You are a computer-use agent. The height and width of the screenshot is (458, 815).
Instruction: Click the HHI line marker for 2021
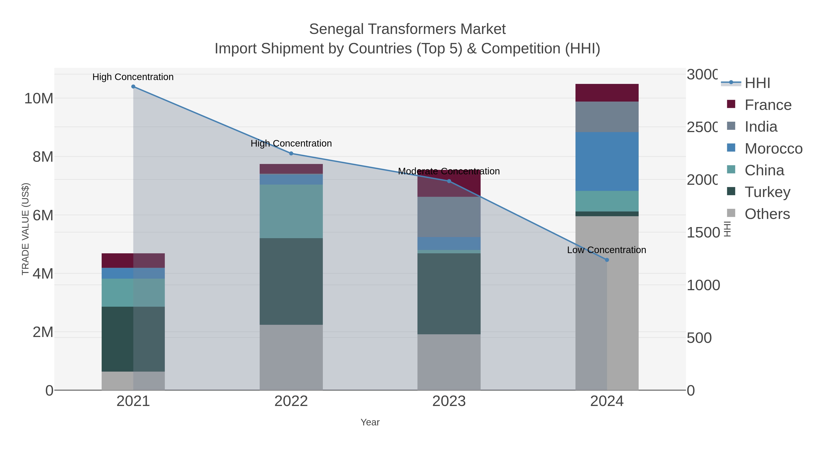133,87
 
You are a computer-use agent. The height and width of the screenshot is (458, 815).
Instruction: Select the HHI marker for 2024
607,260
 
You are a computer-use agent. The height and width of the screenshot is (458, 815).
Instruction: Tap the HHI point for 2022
291,154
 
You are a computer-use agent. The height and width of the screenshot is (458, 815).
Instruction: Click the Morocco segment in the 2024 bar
607,161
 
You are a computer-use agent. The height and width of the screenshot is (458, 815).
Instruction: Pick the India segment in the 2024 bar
607,117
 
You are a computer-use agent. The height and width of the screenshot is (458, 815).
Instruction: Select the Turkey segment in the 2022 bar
291,281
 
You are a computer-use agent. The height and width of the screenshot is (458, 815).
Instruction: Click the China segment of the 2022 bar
291,211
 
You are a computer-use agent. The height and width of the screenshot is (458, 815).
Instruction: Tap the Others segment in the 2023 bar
449,362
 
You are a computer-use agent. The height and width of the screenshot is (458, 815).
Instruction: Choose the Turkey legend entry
767,192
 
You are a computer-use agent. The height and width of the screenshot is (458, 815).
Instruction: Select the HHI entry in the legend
757,83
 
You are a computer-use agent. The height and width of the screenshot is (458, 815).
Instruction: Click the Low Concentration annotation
606,250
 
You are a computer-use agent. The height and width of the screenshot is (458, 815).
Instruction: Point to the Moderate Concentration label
449,171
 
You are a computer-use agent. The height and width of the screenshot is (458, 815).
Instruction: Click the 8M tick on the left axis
43,157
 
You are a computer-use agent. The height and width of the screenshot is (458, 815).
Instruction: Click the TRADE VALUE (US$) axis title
25,229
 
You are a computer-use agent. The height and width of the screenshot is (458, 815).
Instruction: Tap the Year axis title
370,422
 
